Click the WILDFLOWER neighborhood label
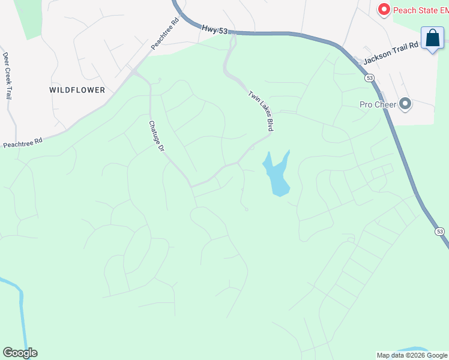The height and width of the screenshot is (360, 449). pos(77,90)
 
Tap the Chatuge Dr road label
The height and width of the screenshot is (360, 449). pos(156,135)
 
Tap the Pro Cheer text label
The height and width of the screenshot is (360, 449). pos(378,104)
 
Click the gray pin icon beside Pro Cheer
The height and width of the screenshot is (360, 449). pos(405,104)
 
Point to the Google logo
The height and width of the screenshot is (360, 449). pos(20,352)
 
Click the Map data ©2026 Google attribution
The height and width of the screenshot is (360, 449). pos(411,355)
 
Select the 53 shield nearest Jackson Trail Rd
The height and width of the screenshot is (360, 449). pos(369,78)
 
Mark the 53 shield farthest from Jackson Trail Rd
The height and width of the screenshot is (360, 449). pos(440,231)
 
